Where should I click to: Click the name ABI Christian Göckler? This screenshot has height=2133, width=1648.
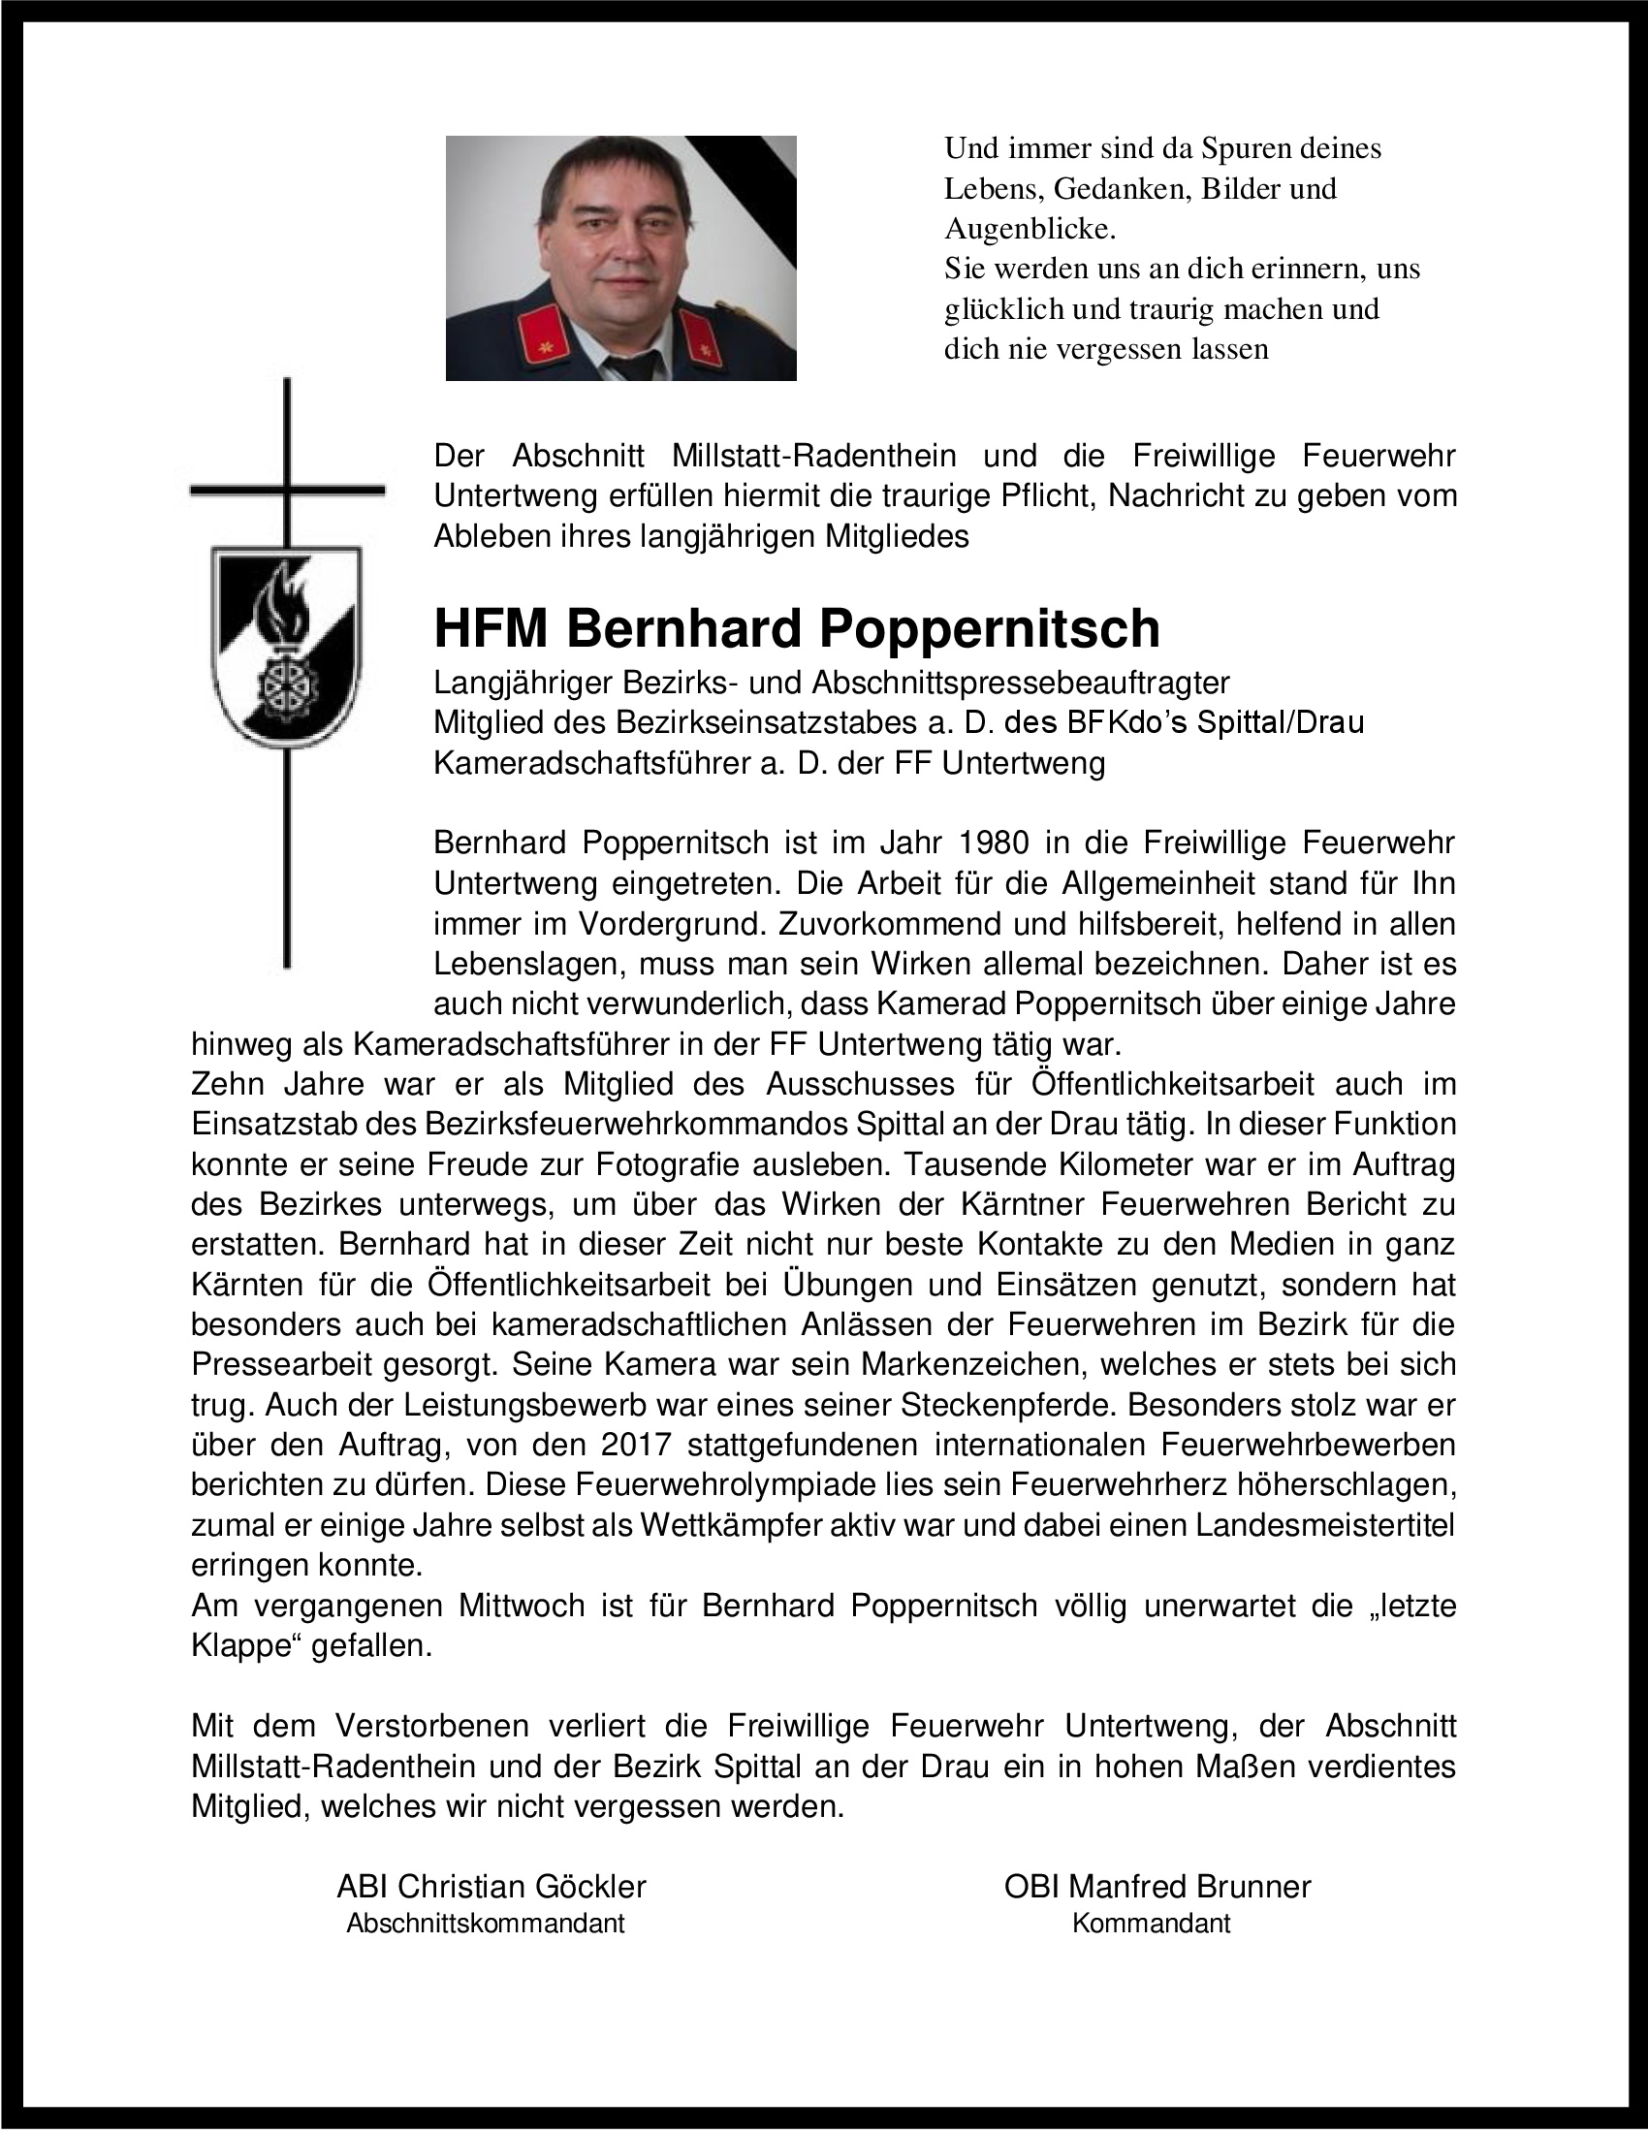click(x=491, y=1886)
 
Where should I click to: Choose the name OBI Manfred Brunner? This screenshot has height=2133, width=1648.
click(x=1157, y=1886)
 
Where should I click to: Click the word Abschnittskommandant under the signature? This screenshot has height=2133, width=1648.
click(x=486, y=1923)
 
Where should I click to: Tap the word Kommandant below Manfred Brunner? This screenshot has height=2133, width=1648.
click(x=1151, y=1923)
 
